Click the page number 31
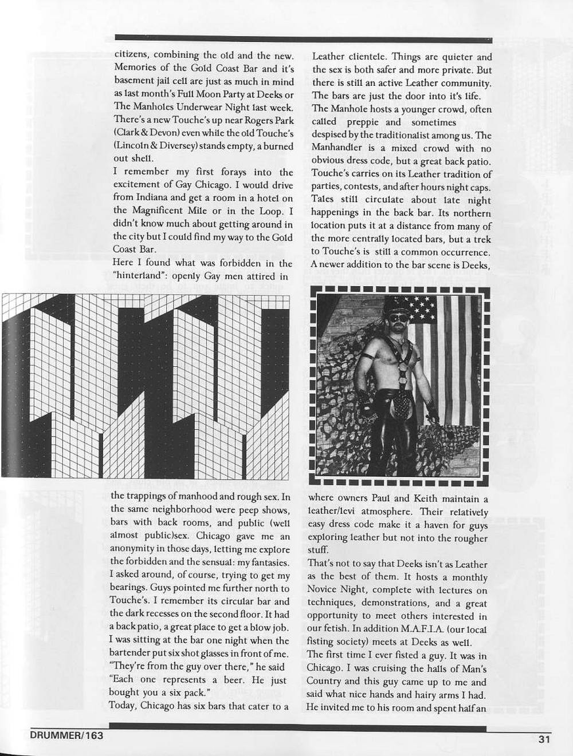(544, 738)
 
